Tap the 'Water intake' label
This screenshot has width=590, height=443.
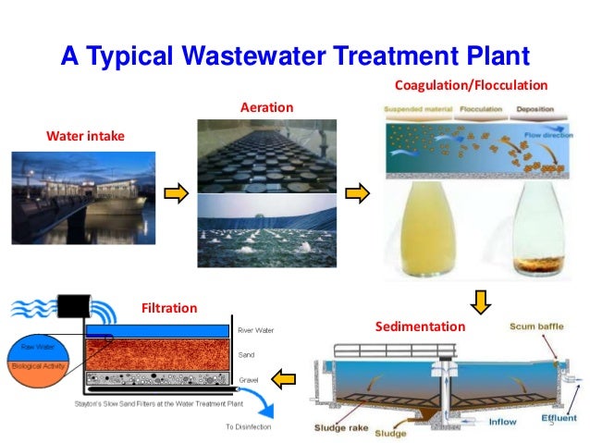85,137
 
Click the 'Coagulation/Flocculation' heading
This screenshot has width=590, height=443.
472,86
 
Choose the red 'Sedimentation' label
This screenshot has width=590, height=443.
421,326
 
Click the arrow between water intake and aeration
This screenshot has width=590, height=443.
176,193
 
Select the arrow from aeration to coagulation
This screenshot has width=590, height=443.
357,193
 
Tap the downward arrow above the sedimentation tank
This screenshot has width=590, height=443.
480,301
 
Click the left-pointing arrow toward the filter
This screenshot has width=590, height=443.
283,376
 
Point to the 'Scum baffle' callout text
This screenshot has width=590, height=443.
535,326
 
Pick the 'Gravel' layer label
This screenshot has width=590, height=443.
250,379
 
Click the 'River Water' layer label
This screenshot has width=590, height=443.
258,329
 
